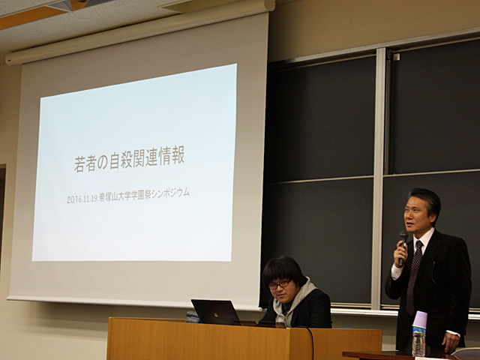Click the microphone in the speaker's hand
tap(402, 248)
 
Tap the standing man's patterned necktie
tap(414, 275)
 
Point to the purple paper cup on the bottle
tap(420, 319)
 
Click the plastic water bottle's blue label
tap(419, 331)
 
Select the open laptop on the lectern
tap(217, 312)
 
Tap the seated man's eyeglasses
tap(279, 285)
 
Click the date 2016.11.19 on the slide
tap(82, 199)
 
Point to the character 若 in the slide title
tap(79, 165)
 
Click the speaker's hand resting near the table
tap(451, 342)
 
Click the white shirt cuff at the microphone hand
tap(397, 271)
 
